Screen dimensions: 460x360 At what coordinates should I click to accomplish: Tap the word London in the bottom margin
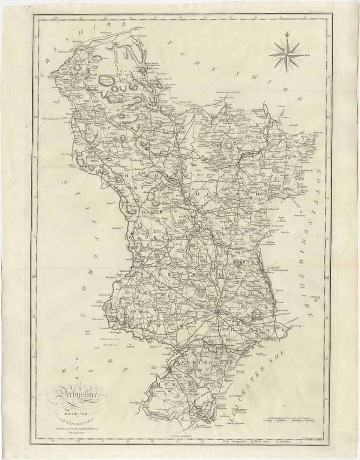[x=296, y=439]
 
